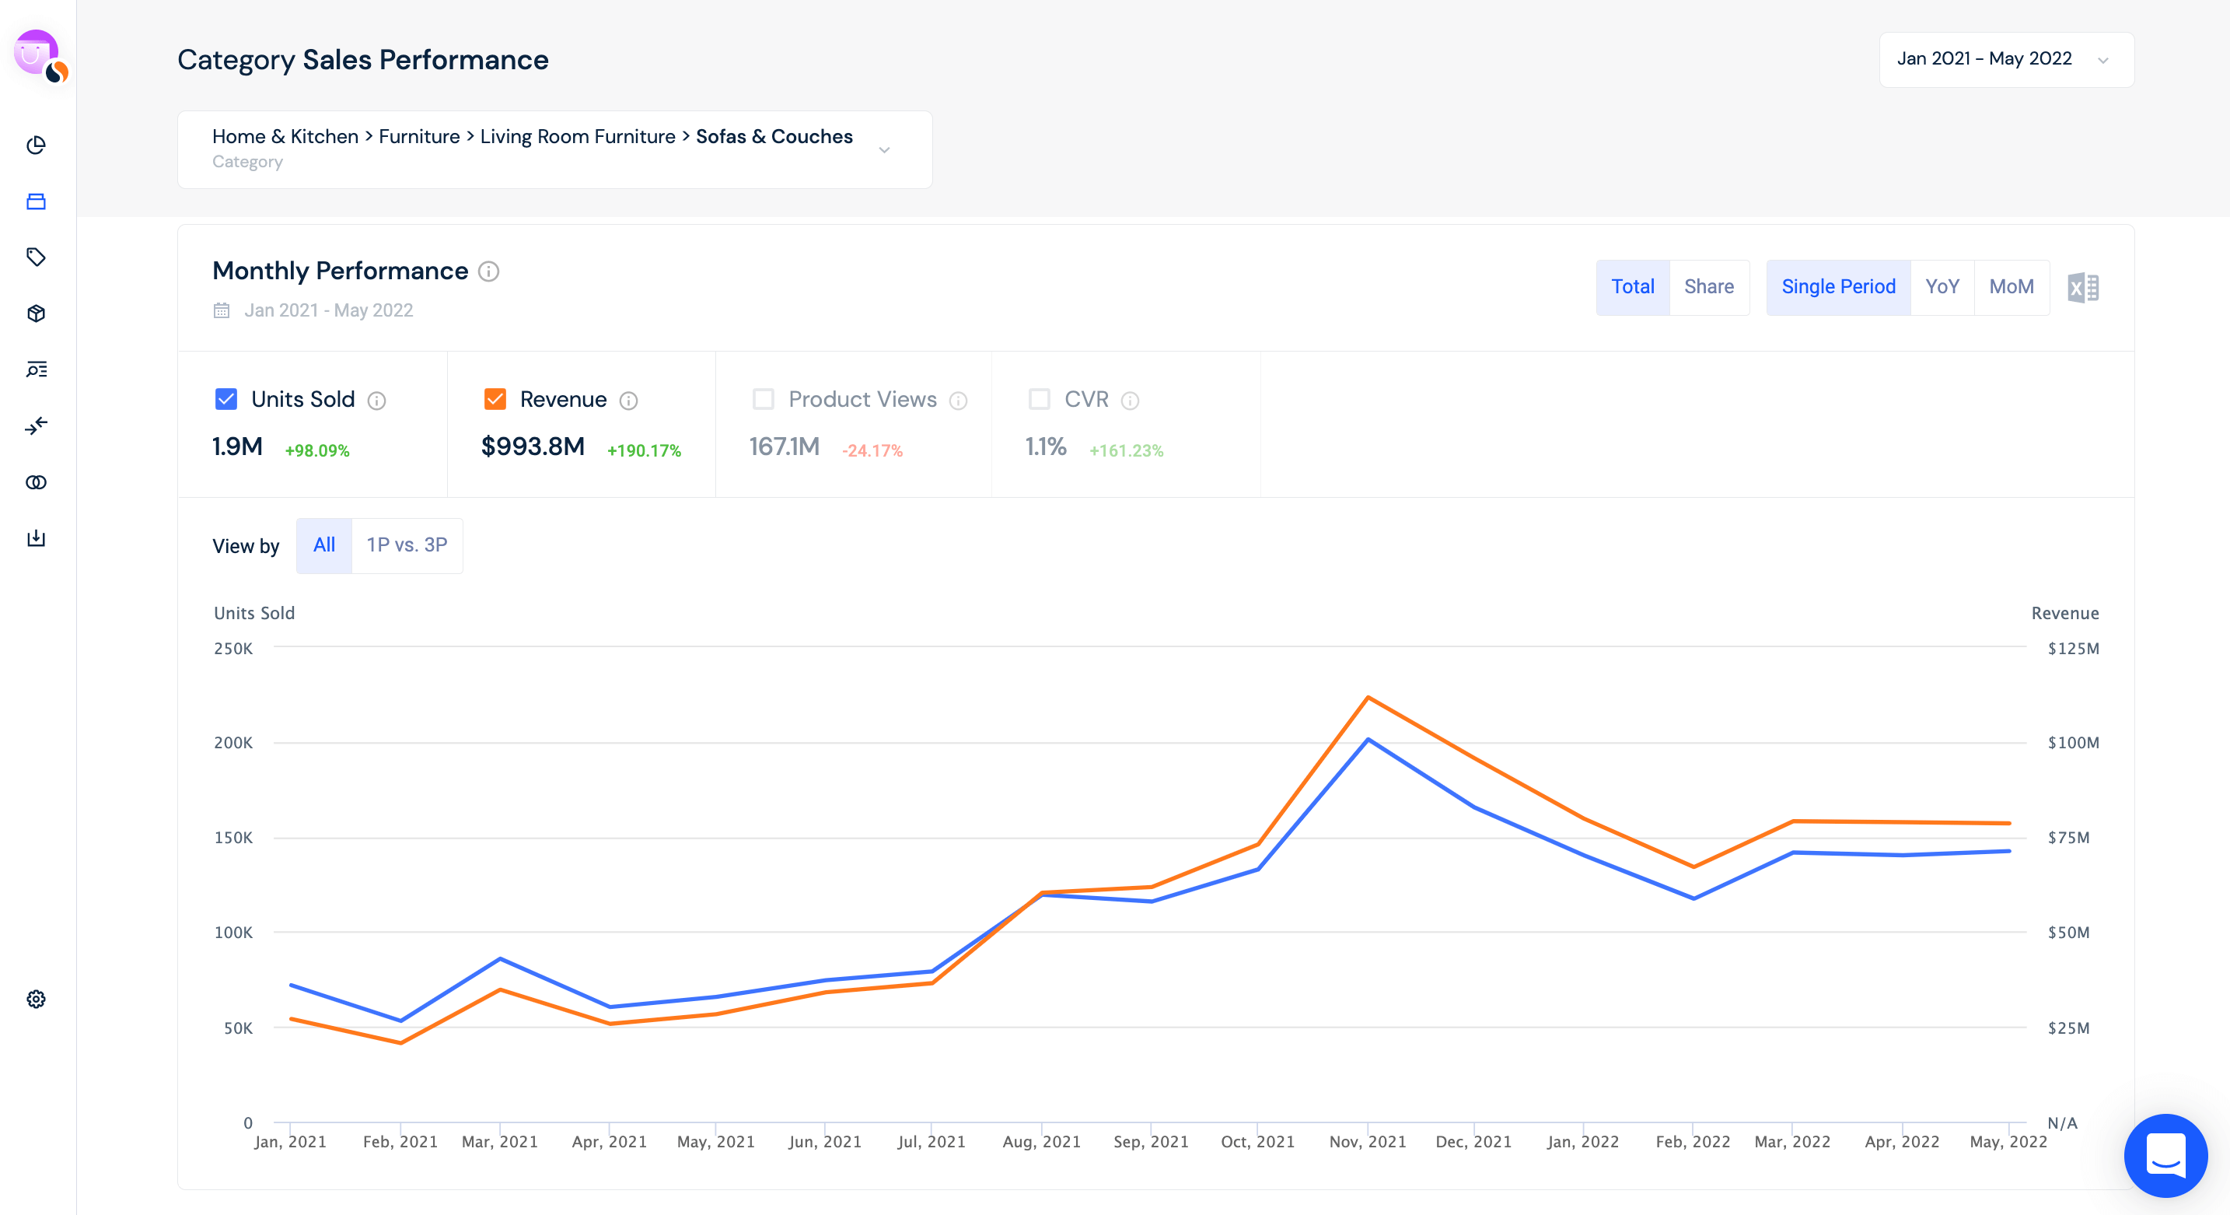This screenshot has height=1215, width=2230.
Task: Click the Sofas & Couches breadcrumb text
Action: tap(774, 137)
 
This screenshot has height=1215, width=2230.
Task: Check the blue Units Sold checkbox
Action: tap(226, 399)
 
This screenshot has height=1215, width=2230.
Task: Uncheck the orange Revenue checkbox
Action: tap(495, 399)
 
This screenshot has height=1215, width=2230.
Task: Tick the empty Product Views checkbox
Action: tap(763, 399)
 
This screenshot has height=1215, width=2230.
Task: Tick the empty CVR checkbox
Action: tap(1039, 399)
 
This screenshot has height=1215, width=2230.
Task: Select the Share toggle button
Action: tap(1708, 287)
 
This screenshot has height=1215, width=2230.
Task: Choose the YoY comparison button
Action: tap(1942, 287)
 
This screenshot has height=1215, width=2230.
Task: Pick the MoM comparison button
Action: tap(2011, 287)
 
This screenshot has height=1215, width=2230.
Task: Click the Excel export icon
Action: tap(2083, 288)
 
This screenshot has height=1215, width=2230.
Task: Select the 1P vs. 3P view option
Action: tap(407, 544)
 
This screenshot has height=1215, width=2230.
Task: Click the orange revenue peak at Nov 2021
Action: tap(1368, 697)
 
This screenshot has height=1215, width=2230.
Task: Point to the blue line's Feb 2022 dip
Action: tap(1693, 898)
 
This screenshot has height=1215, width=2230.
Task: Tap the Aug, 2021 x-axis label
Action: tap(1041, 1141)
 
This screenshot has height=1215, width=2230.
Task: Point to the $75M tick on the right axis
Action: tap(2068, 838)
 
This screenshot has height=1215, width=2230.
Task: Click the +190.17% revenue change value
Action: tap(644, 450)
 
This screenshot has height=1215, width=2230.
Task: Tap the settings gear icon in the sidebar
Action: tap(37, 999)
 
